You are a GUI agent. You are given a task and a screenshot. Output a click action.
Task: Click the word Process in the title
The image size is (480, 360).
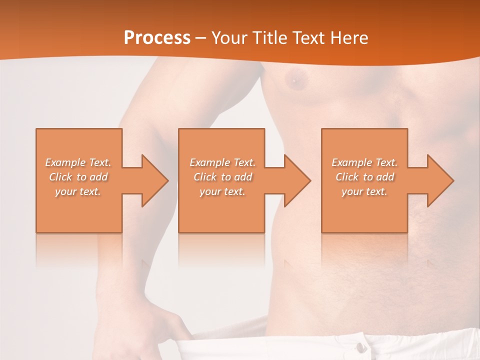(x=157, y=38)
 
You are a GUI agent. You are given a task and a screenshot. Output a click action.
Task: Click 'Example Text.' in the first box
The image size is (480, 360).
(x=78, y=162)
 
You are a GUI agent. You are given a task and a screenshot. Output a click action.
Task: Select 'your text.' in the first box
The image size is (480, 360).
(x=78, y=191)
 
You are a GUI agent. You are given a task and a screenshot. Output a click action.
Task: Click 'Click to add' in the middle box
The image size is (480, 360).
(x=222, y=177)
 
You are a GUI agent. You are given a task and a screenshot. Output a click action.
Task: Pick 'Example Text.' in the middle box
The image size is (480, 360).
(x=222, y=162)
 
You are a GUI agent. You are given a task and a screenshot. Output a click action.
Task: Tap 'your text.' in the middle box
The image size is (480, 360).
(x=222, y=191)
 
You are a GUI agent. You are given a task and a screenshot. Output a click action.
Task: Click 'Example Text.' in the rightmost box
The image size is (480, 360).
(x=364, y=162)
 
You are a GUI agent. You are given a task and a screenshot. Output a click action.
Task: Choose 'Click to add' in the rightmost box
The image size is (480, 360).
(x=364, y=177)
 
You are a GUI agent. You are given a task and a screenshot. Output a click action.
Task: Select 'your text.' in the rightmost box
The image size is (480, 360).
(x=364, y=191)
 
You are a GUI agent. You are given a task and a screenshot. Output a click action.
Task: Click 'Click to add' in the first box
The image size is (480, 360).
(x=78, y=177)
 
